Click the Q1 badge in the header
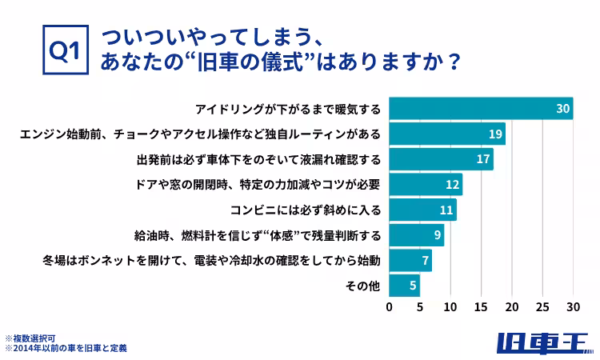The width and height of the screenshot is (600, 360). [x=63, y=50]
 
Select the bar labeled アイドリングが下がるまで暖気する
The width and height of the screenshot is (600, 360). [x=480, y=108]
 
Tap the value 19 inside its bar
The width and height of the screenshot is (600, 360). [x=495, y=133]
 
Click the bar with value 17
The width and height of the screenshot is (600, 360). [x=440, y=158]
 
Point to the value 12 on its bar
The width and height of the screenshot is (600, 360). [x=453, y=184]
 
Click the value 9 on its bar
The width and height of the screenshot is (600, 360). [x=437, y=235]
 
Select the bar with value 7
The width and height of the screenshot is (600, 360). [x=410, y=261]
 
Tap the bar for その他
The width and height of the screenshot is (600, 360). [x=404, y=286]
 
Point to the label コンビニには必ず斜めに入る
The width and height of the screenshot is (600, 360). [x=305, y=210]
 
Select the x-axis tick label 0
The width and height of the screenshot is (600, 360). [x=390, y=306]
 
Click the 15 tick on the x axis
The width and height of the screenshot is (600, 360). [x=482, y=306]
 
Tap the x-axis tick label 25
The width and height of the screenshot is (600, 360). [x=542, y=306]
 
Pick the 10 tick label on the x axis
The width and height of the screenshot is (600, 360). [x=451, y=306]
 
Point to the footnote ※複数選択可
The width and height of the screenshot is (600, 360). [x=30, y=338]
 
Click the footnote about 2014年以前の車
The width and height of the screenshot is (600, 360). [x=66, y=349]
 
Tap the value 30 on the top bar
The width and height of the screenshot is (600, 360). [x=562, y=108]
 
